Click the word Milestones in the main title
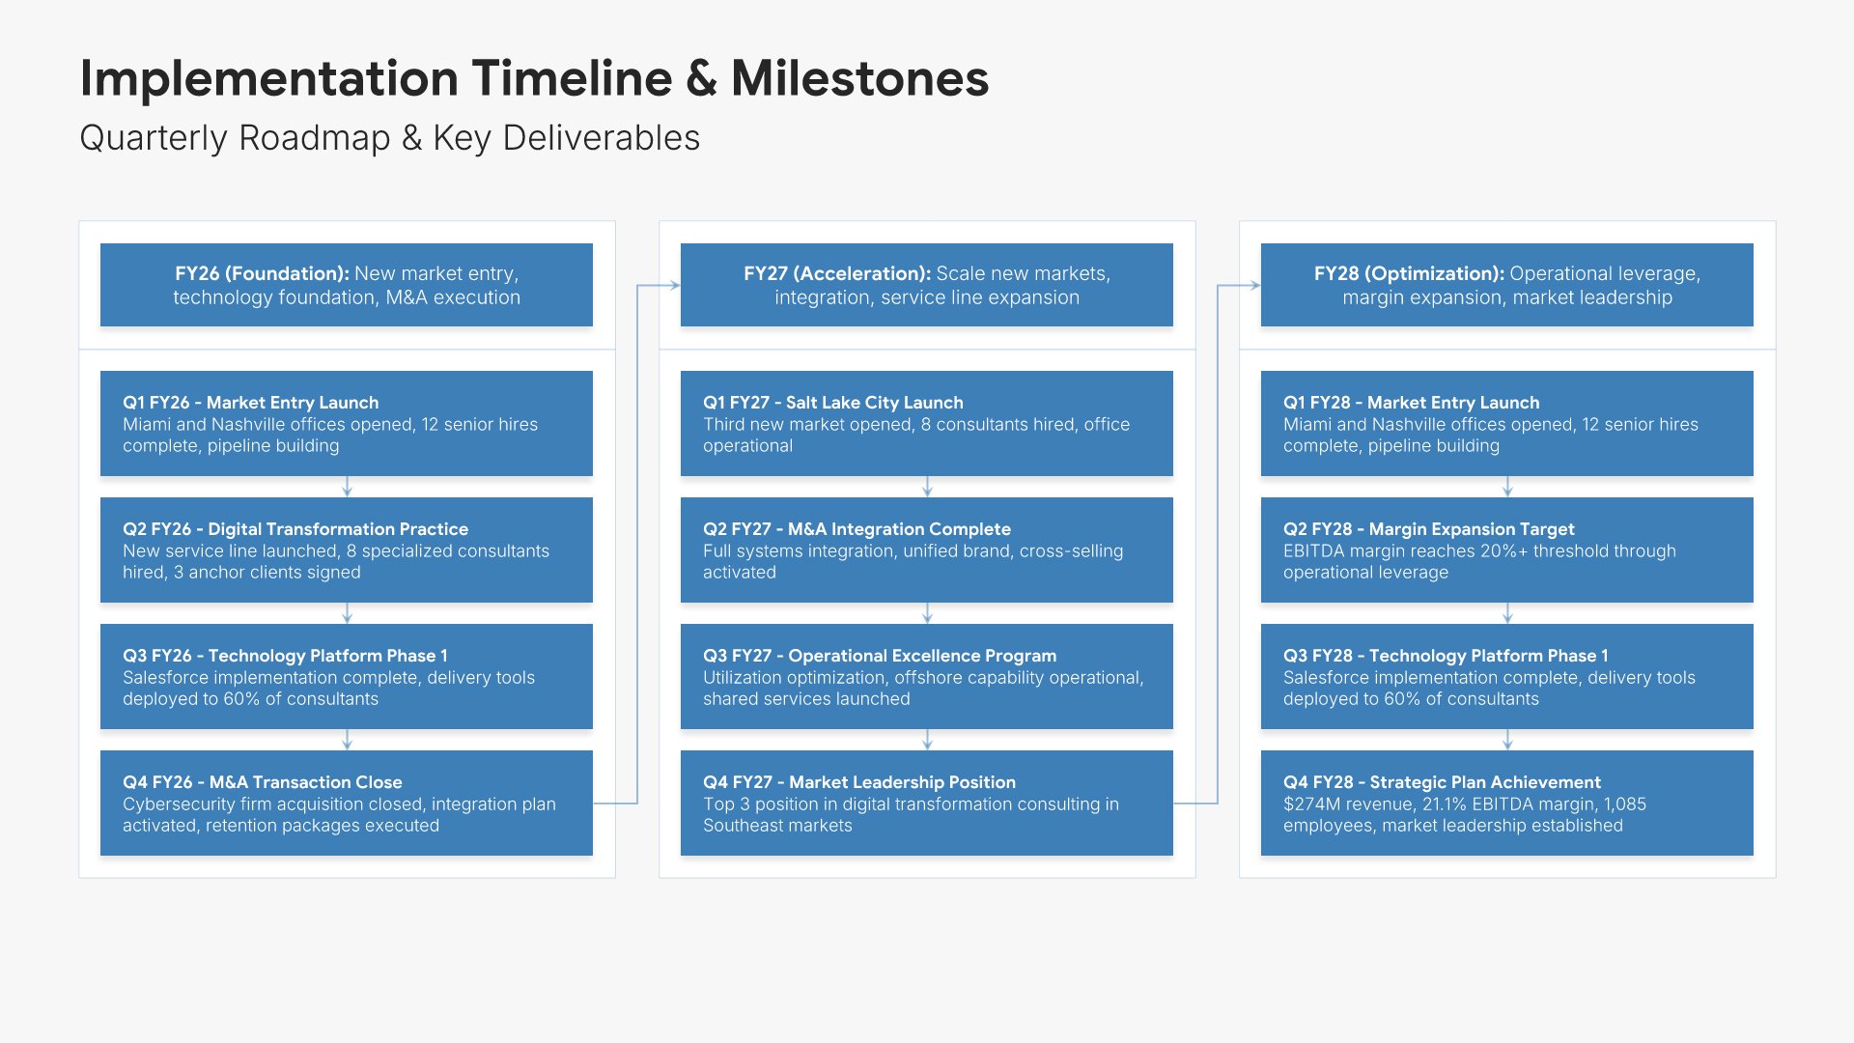859,78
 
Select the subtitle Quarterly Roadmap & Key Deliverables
389,138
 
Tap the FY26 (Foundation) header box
347,285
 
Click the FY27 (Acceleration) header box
927,285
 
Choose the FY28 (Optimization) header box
1507,285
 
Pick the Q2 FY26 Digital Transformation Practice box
347,550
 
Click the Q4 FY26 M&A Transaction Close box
347,803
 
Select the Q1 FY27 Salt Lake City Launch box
927,424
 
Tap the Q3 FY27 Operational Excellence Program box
927,677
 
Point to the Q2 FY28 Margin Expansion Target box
1507,550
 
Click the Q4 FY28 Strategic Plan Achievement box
1507,803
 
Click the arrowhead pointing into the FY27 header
675,285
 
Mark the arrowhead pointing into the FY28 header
1255,285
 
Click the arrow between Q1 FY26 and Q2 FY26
347,487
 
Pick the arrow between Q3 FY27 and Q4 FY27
927,740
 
